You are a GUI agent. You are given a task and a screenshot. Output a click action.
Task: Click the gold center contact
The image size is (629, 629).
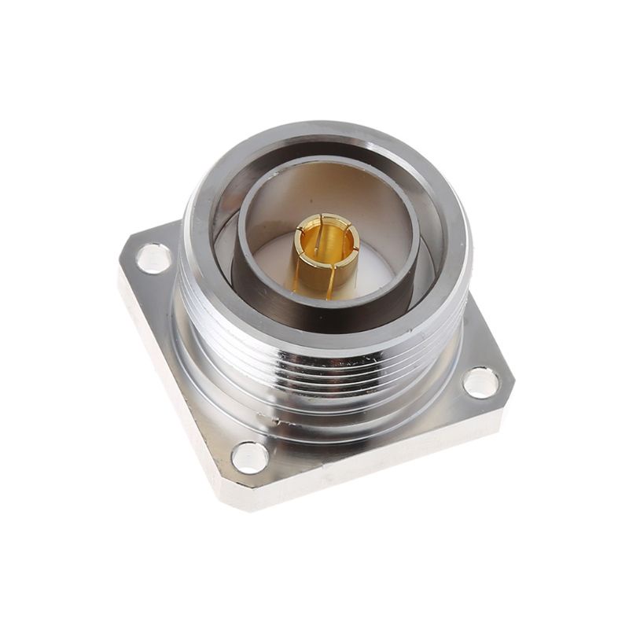(x=325, y=256)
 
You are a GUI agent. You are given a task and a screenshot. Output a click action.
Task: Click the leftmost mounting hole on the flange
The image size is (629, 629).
(x=153, y=258)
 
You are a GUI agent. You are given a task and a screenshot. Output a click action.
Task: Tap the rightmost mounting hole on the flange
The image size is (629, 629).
(x=480, y=382)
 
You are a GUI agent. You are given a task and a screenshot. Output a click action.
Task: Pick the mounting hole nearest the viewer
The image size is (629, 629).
(x=250, y=457)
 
